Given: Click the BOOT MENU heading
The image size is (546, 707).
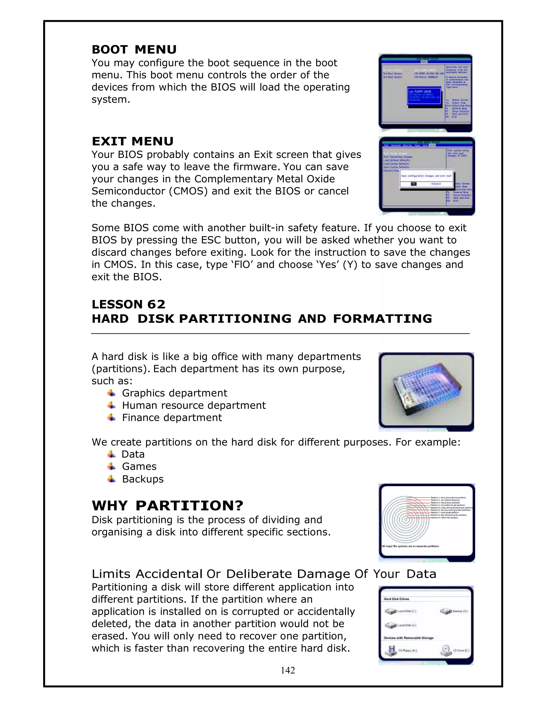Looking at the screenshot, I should [134, 50].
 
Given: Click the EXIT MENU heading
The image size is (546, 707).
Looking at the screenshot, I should [133, 141].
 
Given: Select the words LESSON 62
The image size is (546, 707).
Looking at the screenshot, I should [129, 304].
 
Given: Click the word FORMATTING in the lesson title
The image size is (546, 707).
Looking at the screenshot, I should [382, 319].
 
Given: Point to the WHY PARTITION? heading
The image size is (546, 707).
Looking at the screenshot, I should [167, 505].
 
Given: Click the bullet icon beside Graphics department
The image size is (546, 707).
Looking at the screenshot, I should [111, 393].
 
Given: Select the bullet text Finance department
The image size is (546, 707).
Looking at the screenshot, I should [172, 418].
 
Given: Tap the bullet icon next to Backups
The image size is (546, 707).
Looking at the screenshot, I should [111, 479].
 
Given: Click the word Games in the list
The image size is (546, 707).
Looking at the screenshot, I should [139, 466].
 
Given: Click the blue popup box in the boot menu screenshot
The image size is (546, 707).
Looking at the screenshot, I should [424, 96].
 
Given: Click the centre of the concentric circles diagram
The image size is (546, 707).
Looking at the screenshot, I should [405, 520].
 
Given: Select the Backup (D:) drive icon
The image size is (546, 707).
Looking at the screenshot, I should [446, 611].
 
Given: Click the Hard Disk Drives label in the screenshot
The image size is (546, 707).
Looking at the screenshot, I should [396, 599].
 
